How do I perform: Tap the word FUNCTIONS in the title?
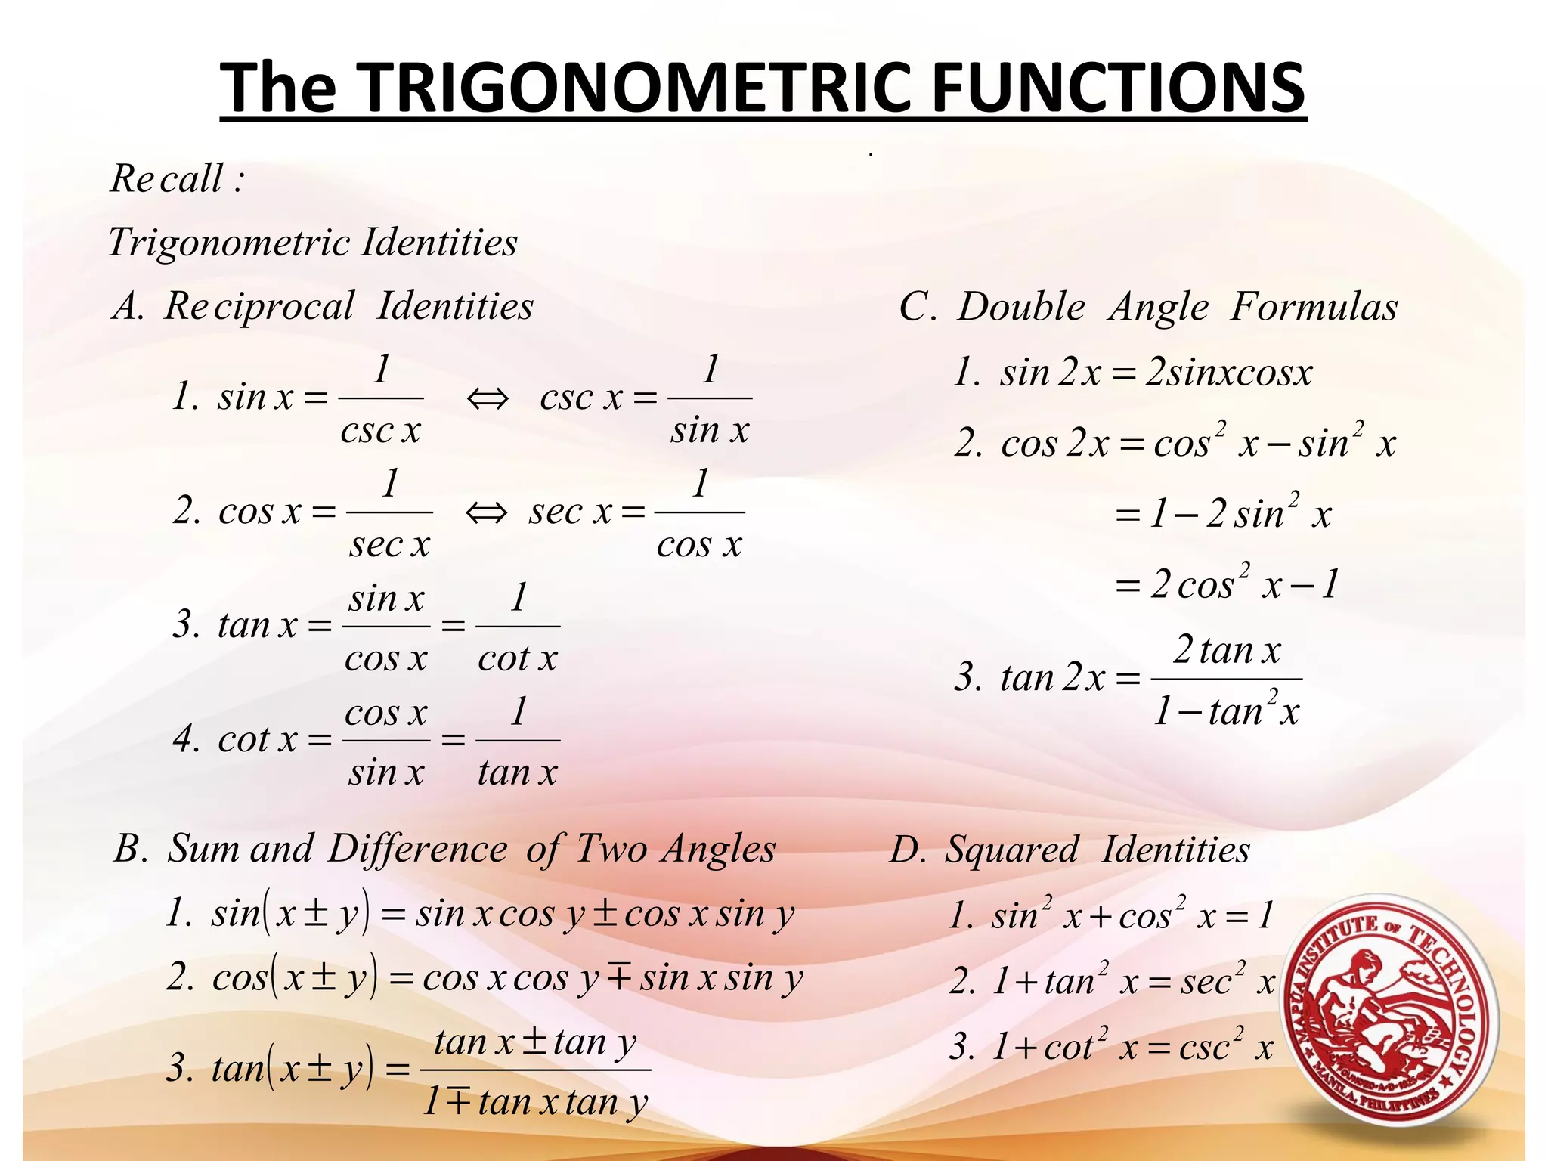(x=1119, y=88)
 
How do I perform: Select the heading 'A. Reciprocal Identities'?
(x=324, y=307)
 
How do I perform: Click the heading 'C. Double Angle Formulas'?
(x=1148, y=308)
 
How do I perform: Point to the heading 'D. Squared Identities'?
(x=1070, y=850)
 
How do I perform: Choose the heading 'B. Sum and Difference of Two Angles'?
(x=444, y=849)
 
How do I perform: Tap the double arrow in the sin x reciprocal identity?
(x=488, y=398)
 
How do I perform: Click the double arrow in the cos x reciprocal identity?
(x=486, y=513)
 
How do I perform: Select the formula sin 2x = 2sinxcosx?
(x=1133, y=373)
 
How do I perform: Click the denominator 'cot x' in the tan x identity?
(x=518, y=659)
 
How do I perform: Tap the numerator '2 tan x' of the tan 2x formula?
(x=1227, y=651)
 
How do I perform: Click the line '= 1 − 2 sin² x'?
(x=1222, y=514)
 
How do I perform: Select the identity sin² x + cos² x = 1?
(x=1111, y=915)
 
